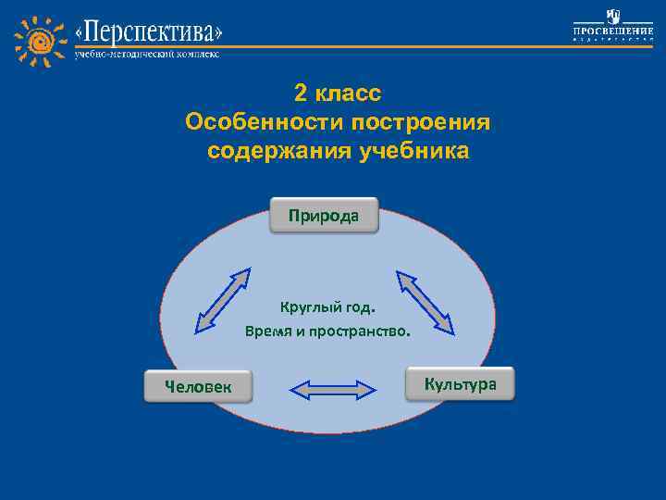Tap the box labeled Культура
coord(460,383)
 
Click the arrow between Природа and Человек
coord(223,300)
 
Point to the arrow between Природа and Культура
coord(426,302)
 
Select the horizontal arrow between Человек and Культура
coord(333,389)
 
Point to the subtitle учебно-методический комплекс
coord(147,55)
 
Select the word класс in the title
coord(348,94)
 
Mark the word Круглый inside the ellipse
coord(306,306)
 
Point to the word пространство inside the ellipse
coord(359,331)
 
